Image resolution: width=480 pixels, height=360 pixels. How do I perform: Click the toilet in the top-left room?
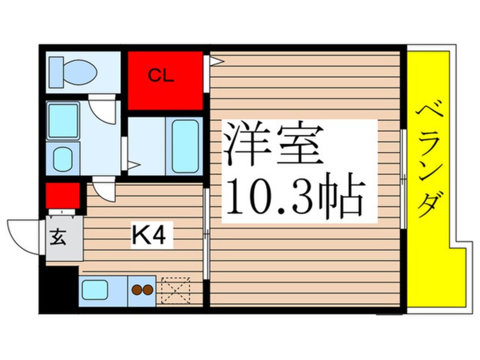pos(73,71)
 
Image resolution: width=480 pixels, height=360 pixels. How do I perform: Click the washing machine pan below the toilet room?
pos(62,120)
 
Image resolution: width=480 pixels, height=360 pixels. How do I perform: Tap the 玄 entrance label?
pos(60,236)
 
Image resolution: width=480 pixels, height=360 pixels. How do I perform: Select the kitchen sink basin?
pos(95,290)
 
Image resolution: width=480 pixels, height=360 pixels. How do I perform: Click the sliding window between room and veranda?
pos(403,179)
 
